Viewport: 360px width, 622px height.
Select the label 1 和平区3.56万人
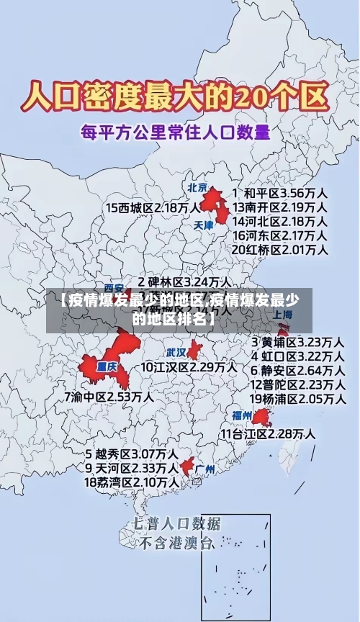coord(281,194)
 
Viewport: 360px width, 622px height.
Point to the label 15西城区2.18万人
coord(153,207)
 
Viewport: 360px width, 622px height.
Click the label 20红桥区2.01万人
coord(280,249)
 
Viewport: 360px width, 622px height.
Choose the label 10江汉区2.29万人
coord(188,366)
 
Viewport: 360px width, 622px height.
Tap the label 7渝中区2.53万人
coord(108,395)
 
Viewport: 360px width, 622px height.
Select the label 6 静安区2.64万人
coord(297,369)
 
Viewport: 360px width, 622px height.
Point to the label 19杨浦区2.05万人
coord(297,398)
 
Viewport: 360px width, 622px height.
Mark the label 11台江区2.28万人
coord(267,433)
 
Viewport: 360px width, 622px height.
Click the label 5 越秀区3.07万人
coord(132,454)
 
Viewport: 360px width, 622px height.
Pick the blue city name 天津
coord(204,225)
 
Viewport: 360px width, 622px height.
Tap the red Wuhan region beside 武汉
coord(194,351)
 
